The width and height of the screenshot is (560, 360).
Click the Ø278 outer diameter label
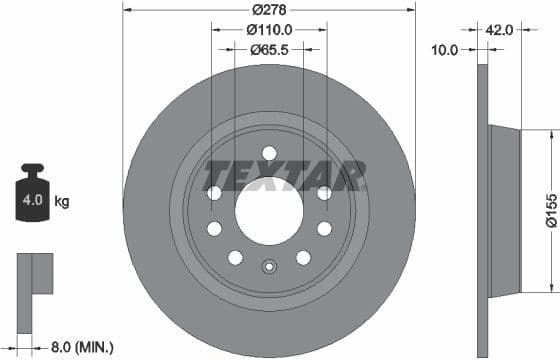[268, 10]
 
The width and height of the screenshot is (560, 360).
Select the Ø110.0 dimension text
[268, 30]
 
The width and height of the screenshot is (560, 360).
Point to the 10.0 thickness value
[443, 49]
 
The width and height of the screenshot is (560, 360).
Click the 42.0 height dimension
[498, 30]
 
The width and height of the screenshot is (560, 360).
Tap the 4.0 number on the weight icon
[31, 201]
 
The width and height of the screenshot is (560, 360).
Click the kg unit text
[61, 201]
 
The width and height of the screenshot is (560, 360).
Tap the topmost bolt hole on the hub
[268, 152]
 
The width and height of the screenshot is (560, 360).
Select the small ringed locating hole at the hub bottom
[268, 267]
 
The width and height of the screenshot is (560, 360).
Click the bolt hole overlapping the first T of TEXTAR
[214, 192]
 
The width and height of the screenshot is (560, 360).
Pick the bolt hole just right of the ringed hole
[303, 257]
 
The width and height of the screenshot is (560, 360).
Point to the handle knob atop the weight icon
[31, 170]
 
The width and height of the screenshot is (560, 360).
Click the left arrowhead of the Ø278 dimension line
[127, 10]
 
